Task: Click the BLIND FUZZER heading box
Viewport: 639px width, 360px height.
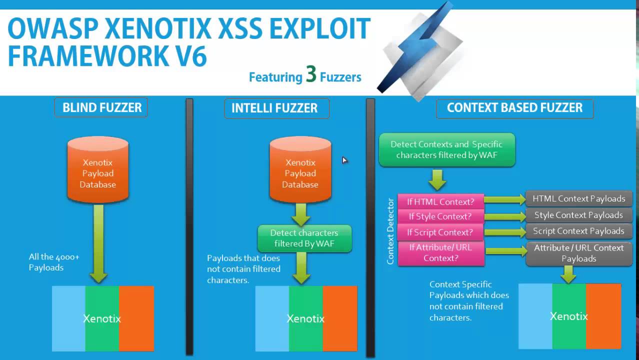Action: point(101,107)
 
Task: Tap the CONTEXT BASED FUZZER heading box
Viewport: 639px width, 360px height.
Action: point(514,107)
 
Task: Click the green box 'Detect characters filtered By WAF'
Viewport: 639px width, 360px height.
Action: point(304,238)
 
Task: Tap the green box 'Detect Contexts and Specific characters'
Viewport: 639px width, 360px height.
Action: point(446,149)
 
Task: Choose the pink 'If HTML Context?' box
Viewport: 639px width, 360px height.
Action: point(440,201)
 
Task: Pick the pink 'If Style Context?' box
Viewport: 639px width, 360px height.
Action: point(440,216)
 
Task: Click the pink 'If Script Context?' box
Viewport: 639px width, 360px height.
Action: point(440,232)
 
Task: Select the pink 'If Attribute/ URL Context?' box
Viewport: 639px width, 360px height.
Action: point(440,252)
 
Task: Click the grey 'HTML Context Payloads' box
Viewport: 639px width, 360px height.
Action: point(578,198)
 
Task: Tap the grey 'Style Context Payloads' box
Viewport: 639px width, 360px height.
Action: point(578,215)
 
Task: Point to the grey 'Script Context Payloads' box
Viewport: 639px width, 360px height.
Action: point(578,231)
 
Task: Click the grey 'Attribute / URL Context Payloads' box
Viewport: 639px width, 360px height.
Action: point(578,253)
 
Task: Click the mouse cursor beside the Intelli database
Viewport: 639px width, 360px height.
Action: point(344,160)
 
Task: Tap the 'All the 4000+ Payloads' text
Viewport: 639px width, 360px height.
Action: point(53,262)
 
